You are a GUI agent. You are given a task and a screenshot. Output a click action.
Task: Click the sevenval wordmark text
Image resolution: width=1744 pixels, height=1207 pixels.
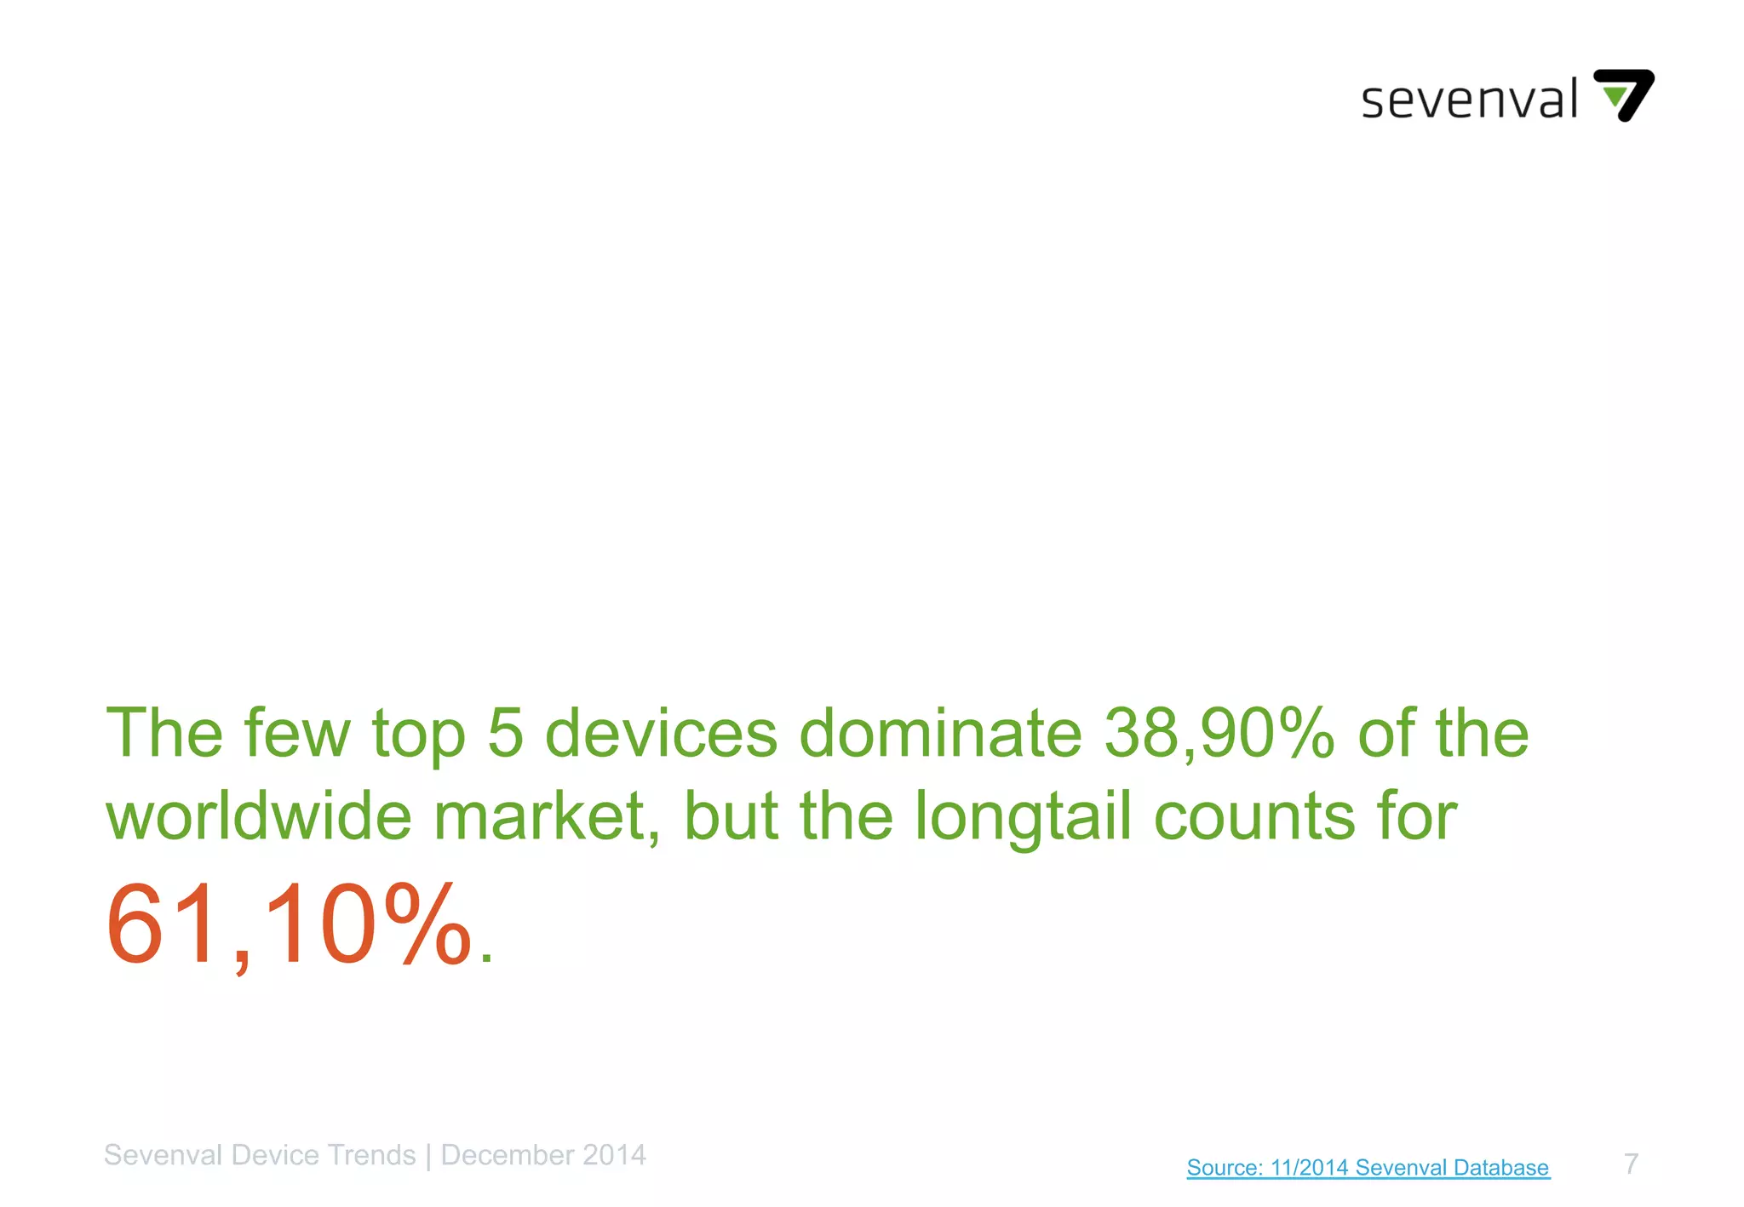click(x=1469, y=100)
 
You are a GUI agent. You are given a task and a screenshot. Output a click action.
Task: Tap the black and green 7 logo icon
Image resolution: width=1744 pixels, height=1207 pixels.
click(x=1624, y=94)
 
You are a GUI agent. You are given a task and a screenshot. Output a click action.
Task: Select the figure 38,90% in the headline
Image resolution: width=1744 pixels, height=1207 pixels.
click(x=1219, y=733)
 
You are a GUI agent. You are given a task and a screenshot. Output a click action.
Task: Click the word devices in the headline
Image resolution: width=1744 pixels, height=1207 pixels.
click(x=661, y=733)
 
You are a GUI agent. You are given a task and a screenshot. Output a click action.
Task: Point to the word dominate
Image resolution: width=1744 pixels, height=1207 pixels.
click(x=940, y=733)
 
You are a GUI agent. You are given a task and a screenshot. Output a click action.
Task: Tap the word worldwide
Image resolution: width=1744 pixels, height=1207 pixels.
click(x=259, y=816)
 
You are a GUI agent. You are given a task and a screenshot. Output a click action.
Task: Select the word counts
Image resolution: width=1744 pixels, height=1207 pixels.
click(x=1253, y=816)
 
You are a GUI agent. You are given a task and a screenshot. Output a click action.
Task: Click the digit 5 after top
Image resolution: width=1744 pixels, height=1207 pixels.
click(x=505, y=733)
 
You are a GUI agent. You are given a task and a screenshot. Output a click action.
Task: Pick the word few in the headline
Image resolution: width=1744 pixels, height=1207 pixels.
click(x=297, y=733)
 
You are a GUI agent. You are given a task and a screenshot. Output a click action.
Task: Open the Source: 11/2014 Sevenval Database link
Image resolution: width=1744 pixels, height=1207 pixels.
click(x=1368, y=1167)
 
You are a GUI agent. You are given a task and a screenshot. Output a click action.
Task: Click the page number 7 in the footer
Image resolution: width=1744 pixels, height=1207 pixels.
click(x=1631, y=1164)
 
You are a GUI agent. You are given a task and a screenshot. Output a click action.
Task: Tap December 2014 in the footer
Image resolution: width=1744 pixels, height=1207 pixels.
click(x=543, y=1155)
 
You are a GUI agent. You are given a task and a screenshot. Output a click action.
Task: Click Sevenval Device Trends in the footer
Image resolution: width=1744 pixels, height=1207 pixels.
click(x=260, y=1155)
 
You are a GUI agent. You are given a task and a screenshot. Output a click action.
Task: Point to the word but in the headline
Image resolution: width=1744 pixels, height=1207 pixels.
click(x=731, y=816)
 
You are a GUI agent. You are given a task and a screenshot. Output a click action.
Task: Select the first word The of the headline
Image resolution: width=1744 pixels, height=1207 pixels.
click(x=163, y=733)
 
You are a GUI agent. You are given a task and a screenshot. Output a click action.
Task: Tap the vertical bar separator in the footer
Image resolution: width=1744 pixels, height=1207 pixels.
click(x=428, y=1156)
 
